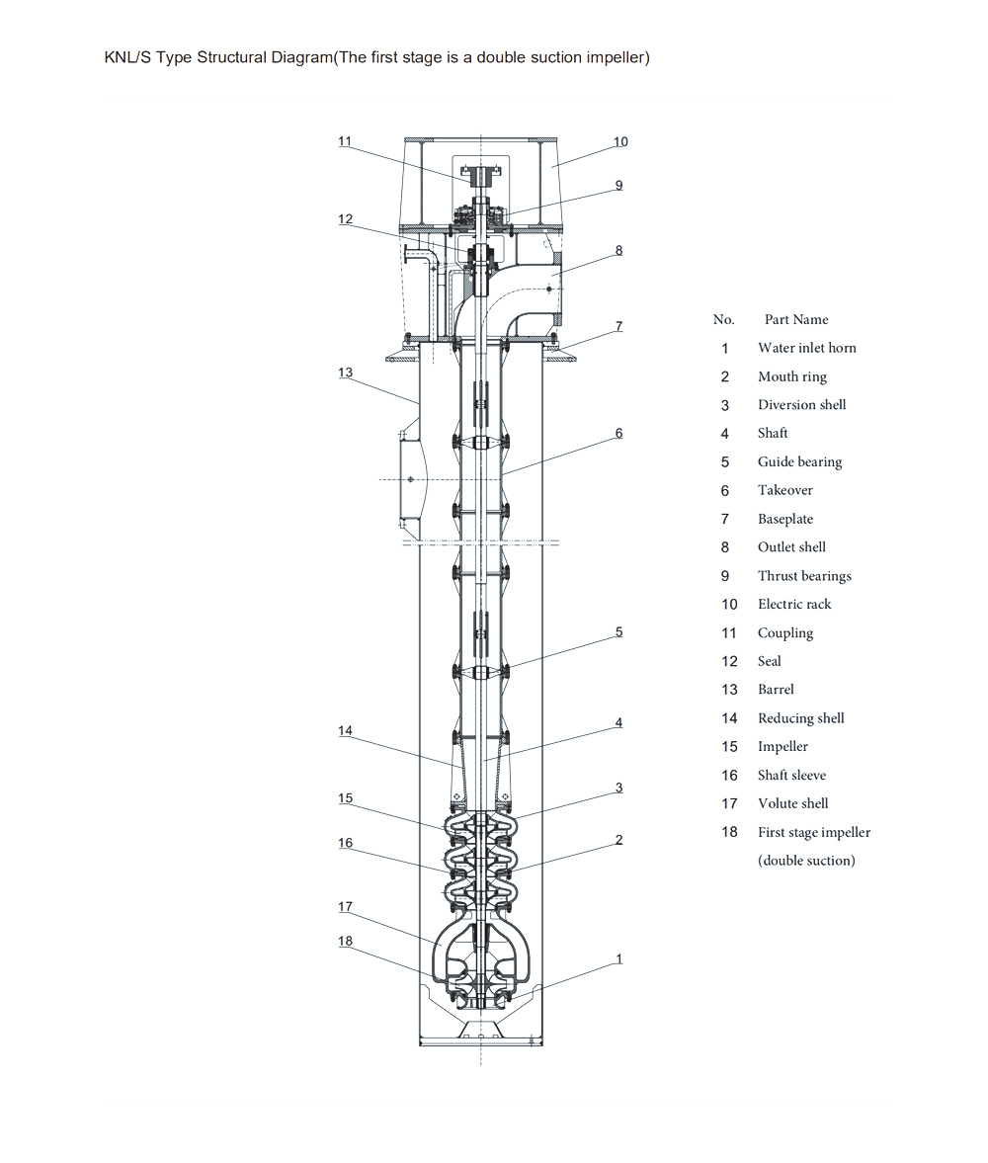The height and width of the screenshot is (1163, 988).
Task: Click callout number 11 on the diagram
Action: (x=345, y=141)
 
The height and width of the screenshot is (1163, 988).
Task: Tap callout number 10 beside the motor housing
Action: (x=620, y=141)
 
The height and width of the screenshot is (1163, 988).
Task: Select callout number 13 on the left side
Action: (x=346, y=373)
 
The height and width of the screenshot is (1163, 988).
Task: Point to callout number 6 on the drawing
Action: (x=618, y=433)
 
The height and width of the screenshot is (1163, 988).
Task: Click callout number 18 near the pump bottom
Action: (x=346, y=941)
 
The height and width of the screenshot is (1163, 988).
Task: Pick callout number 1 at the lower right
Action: (x=619, y=959)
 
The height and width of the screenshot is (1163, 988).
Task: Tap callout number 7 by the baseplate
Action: (x=618, y=326)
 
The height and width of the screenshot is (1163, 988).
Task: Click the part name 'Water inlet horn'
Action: (x=807, y=348)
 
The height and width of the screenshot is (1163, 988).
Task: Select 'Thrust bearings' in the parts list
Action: (x=804, y=576)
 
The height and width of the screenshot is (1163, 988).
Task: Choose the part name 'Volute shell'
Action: (x=793, y=803)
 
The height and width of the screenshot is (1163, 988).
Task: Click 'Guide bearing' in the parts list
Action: (x=799, y=462)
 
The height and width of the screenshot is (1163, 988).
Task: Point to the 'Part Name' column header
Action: (x=796, y=320)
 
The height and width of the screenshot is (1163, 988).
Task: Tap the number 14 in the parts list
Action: (x=729, y=718)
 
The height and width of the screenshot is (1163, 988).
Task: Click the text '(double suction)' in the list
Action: (x=806, y=861)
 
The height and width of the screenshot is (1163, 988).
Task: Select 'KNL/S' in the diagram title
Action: (x=127, y=58)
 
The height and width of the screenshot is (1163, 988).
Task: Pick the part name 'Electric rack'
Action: (x=794, y=605)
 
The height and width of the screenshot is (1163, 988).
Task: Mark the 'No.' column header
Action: (x=724, y=320)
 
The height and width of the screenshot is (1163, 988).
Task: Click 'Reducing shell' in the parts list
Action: (x=801, y=718)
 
